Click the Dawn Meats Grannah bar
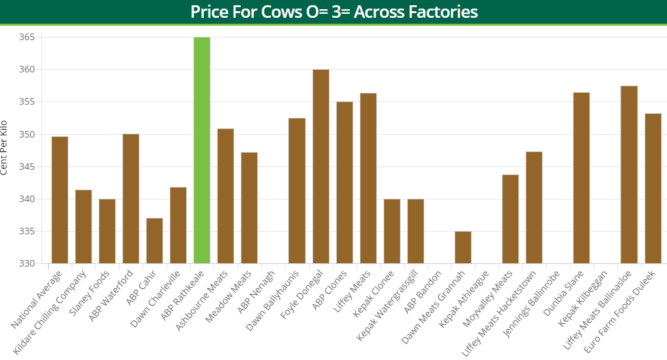[463, 247]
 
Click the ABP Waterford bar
[131, 198]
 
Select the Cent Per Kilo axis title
[5, 147]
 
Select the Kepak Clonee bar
[392, 231]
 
